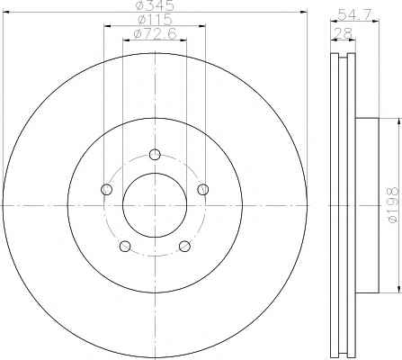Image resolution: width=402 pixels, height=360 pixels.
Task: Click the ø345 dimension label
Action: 155,5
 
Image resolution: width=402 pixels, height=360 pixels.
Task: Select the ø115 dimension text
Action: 155,20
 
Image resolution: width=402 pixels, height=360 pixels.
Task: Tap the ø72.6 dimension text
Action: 155,33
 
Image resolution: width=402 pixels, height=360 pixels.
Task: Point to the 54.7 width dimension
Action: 355,14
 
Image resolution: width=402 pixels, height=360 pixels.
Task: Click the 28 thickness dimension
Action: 344,33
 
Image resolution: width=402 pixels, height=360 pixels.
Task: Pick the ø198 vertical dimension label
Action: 393,205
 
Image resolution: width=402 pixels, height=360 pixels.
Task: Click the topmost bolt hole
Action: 155,155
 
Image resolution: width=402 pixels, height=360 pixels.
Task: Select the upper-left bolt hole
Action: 106,189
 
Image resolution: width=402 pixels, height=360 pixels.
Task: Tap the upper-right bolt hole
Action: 203,189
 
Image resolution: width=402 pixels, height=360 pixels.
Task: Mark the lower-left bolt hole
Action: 125,246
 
